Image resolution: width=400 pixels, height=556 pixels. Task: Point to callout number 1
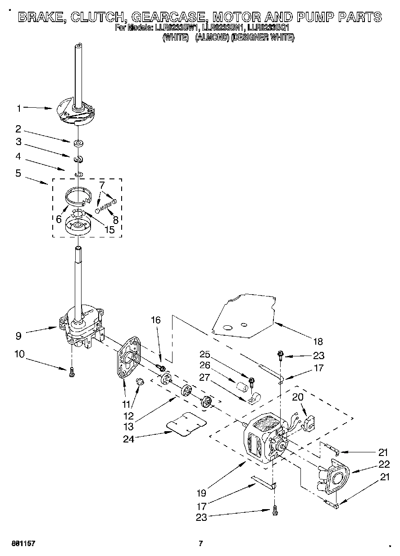[x=19, y=108]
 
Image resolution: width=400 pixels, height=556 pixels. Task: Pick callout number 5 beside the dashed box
[x=18, y=173]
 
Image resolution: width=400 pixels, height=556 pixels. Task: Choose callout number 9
[x=18, y=335]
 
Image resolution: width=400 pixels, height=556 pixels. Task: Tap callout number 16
[x=155, y=320]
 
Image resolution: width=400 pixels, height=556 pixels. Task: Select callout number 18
[x=318, y=342]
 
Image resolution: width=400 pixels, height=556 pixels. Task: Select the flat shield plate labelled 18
[x=245, y=315]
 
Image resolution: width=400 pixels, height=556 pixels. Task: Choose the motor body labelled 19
[x=261, y=439]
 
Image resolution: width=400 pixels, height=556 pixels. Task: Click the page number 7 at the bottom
[x=201, y=543]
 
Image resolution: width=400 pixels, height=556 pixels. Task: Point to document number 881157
[x=23, y=543]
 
